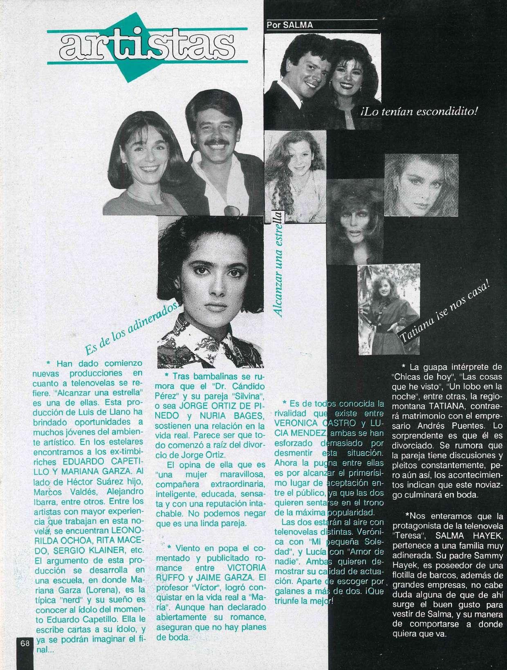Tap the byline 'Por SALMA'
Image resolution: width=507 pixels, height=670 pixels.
[x=290, y=25]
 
